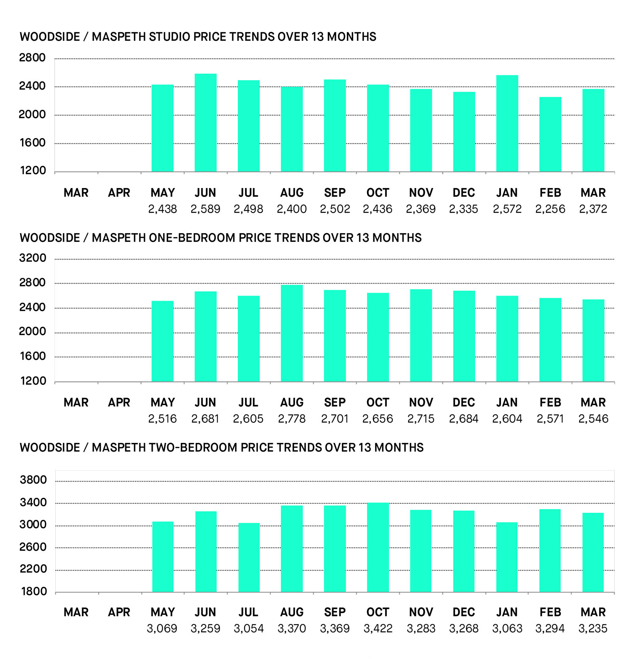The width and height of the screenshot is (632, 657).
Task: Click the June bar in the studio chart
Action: coord(205,122)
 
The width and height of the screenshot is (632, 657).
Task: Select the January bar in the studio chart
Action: coord(507,123)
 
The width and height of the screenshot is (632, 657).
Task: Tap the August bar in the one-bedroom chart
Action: coord(292,333)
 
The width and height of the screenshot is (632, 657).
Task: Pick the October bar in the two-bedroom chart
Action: coord(378,547)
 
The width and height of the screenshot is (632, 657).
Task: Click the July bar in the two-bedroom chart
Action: coord(249,557)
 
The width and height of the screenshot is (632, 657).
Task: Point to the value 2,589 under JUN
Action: coord(205,209)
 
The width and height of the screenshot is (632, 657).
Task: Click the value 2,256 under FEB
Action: coord(550,209)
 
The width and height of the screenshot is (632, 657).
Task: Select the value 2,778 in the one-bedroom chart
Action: coord(292,419)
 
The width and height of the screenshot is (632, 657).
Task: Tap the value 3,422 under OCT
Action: coord(378,629)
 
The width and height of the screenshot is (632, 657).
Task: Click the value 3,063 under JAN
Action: coord(507,629)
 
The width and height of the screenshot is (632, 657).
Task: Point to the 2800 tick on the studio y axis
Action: coord(32,58)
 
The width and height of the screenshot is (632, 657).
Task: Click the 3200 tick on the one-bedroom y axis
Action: coord(32,258)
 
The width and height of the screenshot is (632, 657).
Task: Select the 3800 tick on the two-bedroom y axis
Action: coord(33,480)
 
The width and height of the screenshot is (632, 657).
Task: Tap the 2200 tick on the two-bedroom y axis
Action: coord(33,569)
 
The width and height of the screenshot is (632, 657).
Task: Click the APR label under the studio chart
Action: coord(119,193)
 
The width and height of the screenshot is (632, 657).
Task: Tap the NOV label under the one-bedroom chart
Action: coord(421,403)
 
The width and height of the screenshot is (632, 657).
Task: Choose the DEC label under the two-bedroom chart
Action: coord(464,612)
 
